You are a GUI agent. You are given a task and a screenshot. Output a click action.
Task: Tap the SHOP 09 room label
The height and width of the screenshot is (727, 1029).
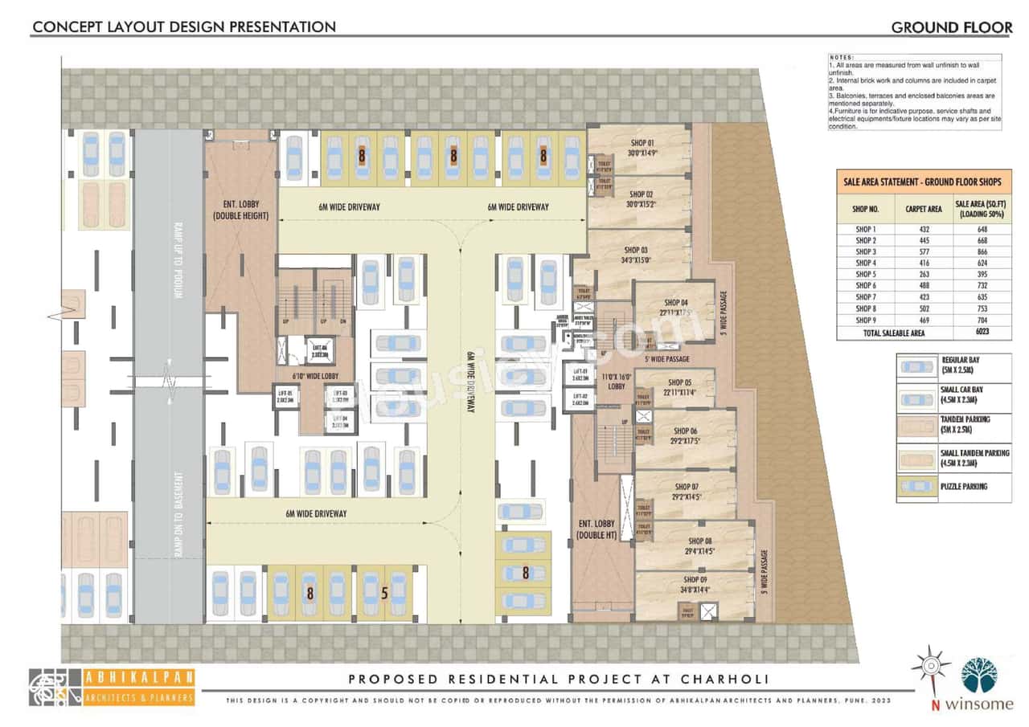click(696, 579)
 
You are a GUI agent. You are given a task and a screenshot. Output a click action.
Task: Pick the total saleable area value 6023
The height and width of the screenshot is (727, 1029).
click(982, 333)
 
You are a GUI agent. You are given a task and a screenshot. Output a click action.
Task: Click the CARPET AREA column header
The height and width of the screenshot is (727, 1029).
click(924, 208)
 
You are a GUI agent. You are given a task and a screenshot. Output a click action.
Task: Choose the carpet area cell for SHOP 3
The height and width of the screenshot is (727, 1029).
click(924, 251)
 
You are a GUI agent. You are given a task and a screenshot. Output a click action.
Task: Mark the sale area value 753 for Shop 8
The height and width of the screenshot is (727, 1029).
click(982, 308)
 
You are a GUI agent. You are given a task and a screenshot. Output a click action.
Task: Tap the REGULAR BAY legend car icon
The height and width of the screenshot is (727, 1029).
click(916, 366)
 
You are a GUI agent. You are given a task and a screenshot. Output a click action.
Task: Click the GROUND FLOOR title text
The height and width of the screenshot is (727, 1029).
click(951, 27)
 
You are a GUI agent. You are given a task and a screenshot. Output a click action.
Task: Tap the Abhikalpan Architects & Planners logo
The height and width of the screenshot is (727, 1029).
click(112, 688)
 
